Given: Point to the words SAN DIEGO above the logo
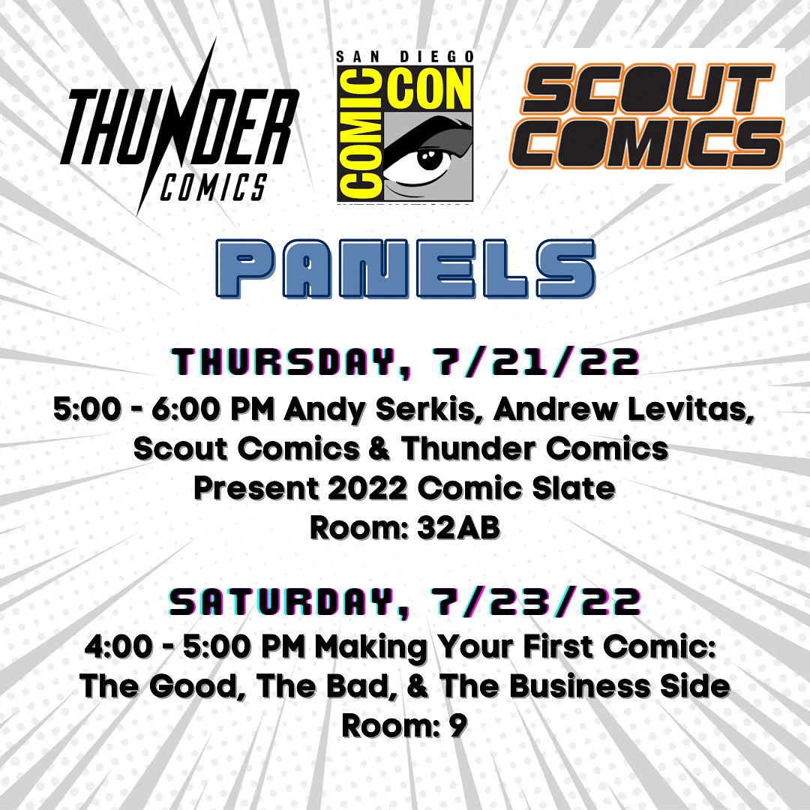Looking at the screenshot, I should click(404, 56).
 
